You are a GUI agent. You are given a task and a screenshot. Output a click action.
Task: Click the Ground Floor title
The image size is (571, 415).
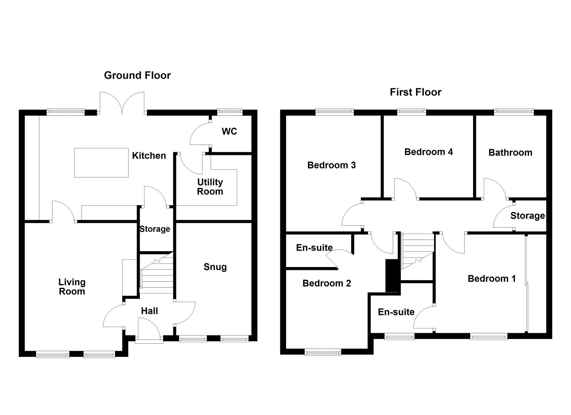[x=137, y=75]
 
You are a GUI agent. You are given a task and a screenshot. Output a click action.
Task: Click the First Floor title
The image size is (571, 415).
[x=416, y=92]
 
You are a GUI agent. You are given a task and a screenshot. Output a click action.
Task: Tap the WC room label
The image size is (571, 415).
[x=229, y=131]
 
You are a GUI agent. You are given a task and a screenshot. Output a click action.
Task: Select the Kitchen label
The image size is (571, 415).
[x=149, y=156]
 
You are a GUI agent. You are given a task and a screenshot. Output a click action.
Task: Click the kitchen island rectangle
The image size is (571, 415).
[x=101, y=163]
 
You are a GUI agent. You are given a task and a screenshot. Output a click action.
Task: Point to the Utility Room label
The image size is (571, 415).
[x=210, y=187]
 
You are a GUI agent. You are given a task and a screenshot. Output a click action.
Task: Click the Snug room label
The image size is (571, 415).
[x=215, y=267]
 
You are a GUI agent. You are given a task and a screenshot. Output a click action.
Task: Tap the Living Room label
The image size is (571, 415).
[x=72, y=287]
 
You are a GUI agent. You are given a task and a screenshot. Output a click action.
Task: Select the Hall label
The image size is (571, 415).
[x=149, y=311]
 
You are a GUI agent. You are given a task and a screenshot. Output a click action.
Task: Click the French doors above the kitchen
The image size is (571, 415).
[x=122, y=103]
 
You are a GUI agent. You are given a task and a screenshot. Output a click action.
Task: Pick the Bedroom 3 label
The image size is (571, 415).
[x=331, y=165]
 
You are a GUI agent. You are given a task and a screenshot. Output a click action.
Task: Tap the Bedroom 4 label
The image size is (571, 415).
[x=428, y=152]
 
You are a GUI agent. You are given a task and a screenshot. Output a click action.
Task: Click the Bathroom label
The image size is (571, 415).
[x=510, y=153]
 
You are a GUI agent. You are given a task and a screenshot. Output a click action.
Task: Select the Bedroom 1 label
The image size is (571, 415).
[x=492, y=279]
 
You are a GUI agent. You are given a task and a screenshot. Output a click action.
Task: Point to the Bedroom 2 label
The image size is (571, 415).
[x=326, y=283]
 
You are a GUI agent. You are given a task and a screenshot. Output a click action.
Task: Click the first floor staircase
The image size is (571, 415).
[x=418, y=251]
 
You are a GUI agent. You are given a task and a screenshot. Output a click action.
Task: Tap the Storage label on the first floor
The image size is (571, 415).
[x=528, y=216]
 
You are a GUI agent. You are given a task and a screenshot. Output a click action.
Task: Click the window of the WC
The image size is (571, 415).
[x=230, y=111]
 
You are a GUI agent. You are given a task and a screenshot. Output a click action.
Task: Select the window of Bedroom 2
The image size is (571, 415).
[x=323, y=352]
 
